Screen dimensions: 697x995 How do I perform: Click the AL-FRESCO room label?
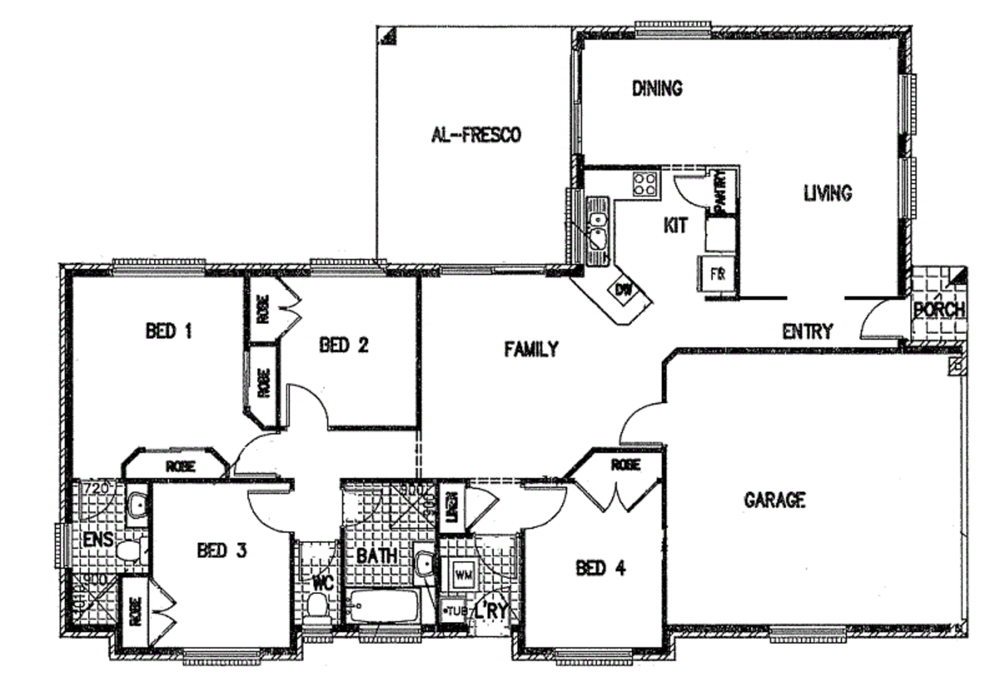pos(476,135)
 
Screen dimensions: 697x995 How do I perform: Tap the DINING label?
pos(657,88)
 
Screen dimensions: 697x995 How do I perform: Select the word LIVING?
pos(828,193)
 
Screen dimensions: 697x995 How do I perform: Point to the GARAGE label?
pos(774,500)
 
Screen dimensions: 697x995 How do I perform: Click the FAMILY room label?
pos(531,349)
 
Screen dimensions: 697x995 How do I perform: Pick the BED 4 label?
pos(600,568)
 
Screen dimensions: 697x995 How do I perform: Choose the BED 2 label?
pos(344,345)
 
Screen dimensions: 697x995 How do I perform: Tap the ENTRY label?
pos(807,331)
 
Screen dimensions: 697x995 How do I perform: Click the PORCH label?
pos(939,309)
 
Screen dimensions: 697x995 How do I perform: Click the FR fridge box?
pos(717,274)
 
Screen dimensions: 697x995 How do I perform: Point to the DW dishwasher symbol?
pos(624,290)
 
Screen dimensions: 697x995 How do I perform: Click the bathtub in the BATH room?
pos(383,606)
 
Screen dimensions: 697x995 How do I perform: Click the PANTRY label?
pos(722,190)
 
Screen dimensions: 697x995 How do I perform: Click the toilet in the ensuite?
pos(129,550)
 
